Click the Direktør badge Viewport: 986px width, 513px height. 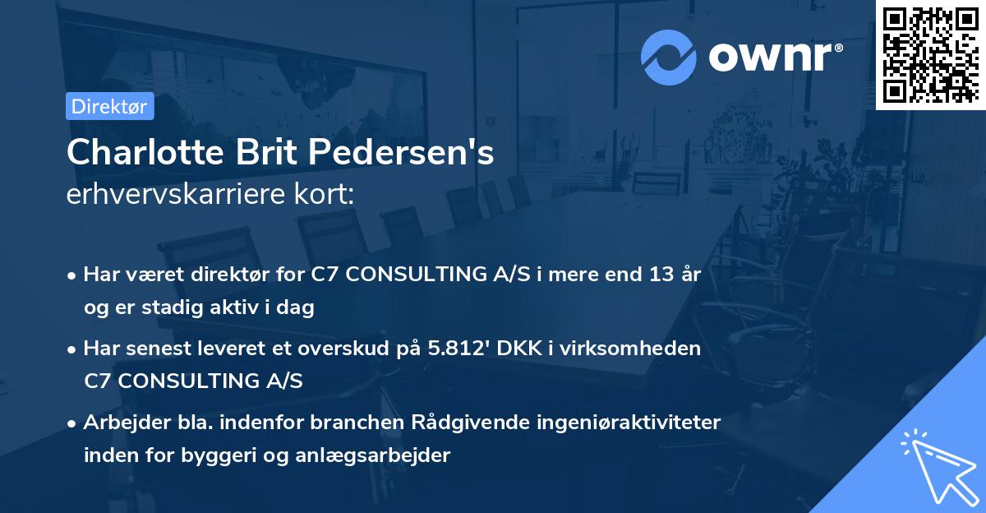pos(109,106)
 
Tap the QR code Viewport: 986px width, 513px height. pos(930,54)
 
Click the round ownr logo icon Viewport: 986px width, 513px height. pos(669,58)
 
